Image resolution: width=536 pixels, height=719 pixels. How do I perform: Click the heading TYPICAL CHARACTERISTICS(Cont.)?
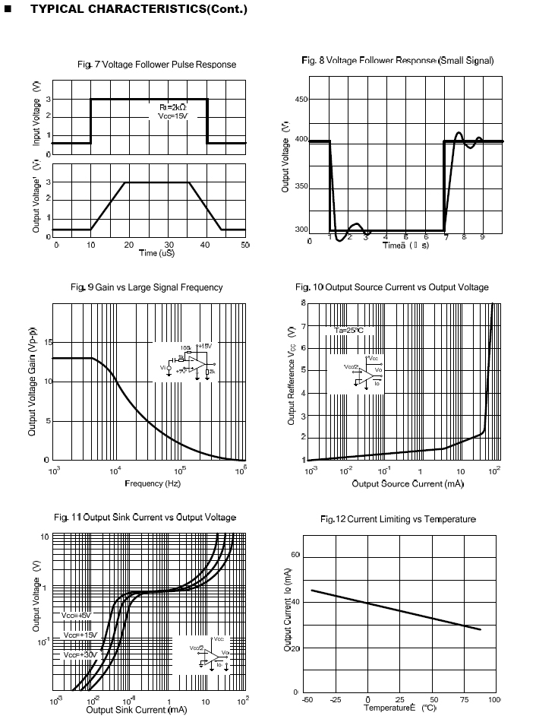pyautogui.click(x=129, y=9)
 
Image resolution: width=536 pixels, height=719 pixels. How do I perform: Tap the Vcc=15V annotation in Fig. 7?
pyautogui.click(x=172, y=116)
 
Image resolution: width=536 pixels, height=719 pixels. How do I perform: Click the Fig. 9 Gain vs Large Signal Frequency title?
pyautogui.click(x=147, y=287)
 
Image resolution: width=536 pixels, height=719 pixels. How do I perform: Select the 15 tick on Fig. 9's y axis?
pyautogui.click(x=47, y=343)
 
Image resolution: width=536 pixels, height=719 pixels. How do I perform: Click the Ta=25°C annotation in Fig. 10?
pyautogui.click(x=349, y=331)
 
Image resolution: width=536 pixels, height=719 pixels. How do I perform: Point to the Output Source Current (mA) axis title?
pyautogui.click(x=407, y=483)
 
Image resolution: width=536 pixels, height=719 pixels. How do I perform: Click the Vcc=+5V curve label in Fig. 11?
pyautogui.click(x=76, y=616)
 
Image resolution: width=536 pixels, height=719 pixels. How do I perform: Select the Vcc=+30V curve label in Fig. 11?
pyautogui.click(x=81, y=654)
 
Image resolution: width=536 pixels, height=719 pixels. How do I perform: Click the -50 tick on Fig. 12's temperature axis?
pyautogui.click(x=307, y=699)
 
